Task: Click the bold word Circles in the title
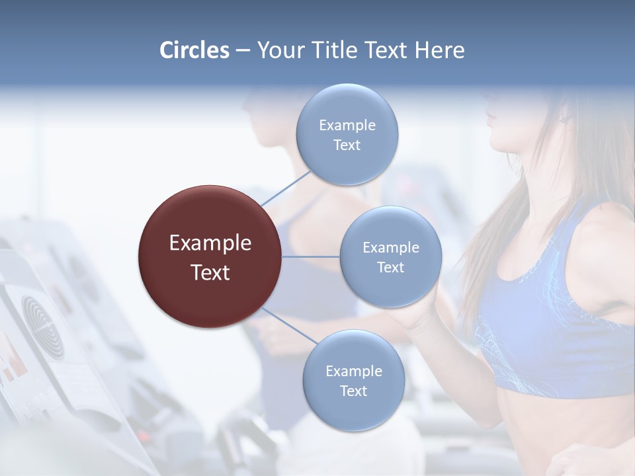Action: point(194,50)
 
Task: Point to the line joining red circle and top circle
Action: point(286,188)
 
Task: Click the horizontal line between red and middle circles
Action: point(311,257)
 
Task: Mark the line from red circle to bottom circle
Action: point(290,326)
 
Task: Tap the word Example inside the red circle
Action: point(210,243)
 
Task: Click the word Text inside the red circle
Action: point(210,272)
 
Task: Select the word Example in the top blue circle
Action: point(347,125)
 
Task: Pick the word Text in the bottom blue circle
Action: point(353,391)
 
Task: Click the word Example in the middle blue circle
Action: point(391,248)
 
